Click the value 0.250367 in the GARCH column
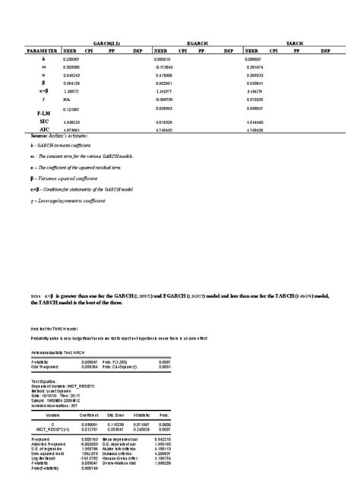point(73,58)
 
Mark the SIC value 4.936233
point(73,121)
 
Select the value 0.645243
point(73,75)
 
